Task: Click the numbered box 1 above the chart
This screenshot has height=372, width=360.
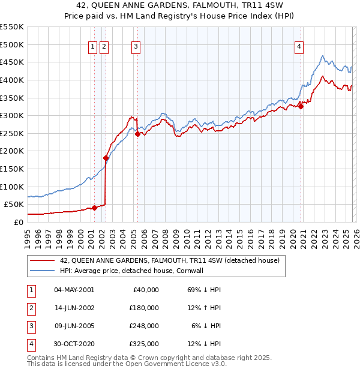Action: pos(94,47)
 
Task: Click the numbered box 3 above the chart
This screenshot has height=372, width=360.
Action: pos(136,47)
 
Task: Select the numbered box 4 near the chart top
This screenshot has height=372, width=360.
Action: pos(299,47)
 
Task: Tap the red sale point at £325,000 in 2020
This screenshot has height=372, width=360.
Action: pos(301,107)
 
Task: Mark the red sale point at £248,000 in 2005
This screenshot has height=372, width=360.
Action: pos(137,134)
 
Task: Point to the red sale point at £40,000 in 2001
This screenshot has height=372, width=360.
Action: pos(94,208)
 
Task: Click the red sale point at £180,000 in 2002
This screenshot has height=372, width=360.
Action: pos(106,158)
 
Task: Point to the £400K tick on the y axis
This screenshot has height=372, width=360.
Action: pos(12,80)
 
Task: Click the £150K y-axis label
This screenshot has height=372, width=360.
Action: pos(12,169)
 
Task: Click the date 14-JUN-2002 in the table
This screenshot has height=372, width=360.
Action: pos(74,308)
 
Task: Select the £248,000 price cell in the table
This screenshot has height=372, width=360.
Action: pos(143,326)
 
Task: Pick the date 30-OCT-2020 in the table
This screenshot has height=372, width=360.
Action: pos(74,344)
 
